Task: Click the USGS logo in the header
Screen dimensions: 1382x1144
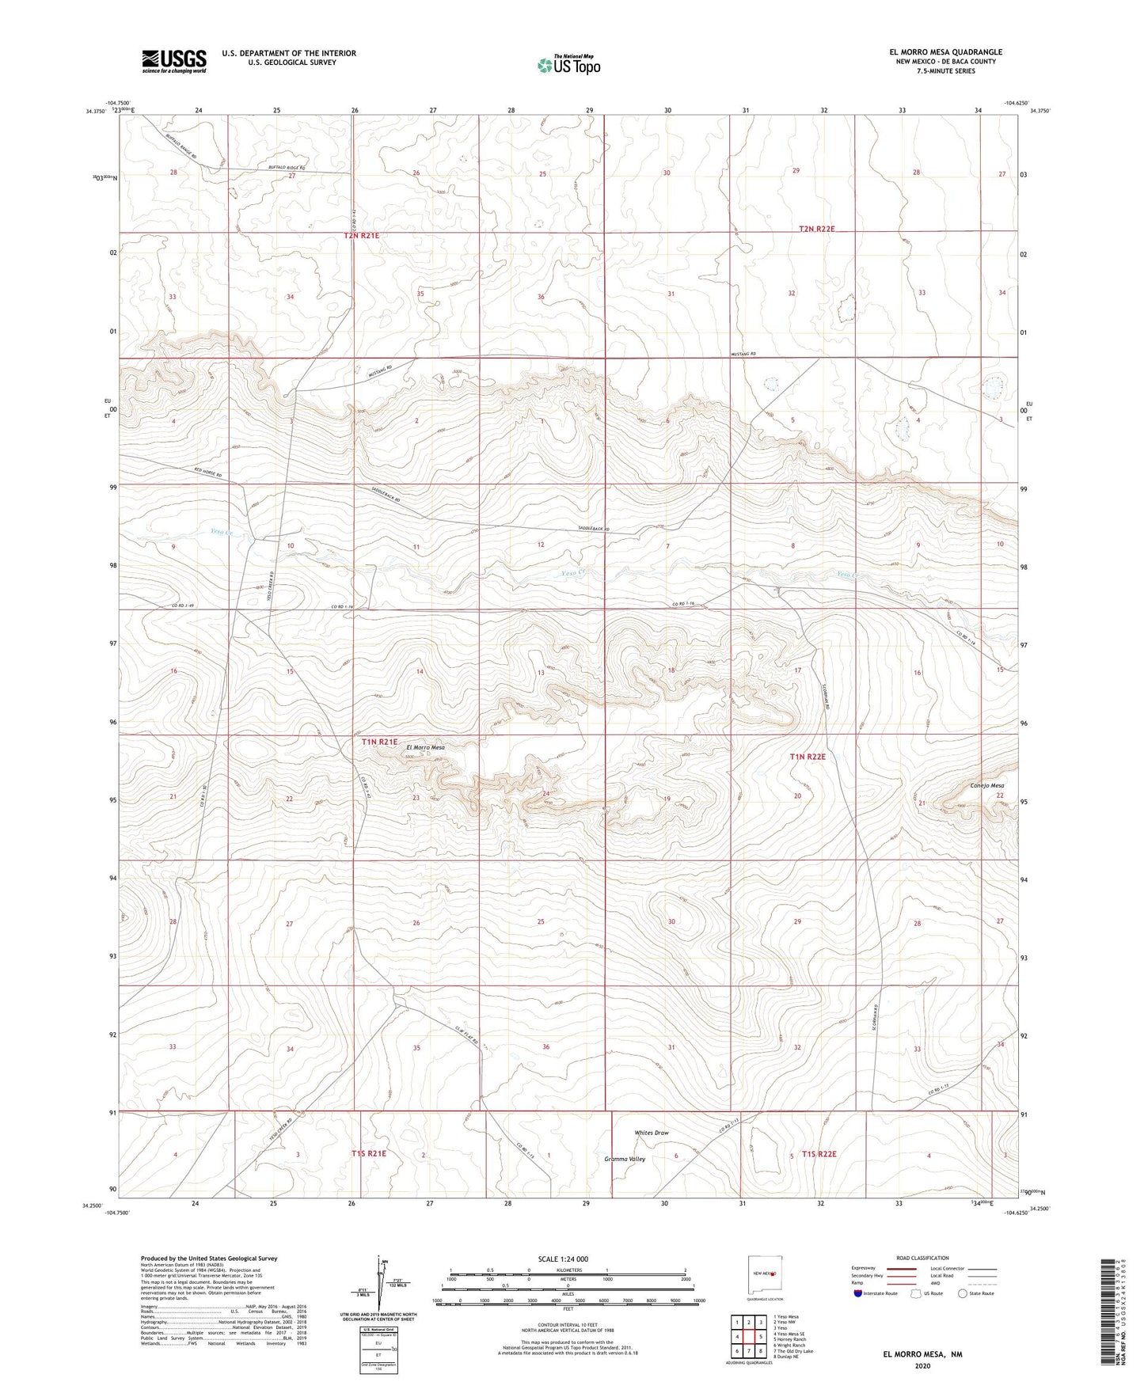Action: pyautogui.click(x=173, y=61)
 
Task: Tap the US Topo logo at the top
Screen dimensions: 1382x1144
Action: pyautogui.click(x=568, y=65)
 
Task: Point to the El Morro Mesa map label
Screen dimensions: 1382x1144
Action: pyautogui.click(x=425, y=747)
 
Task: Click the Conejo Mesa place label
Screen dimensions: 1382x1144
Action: pyautogui.click(x=986, y=786)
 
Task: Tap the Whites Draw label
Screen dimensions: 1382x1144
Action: pyautogui.click(x=651, y=1133)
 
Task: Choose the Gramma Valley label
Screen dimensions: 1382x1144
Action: pyautogui.click(x=625, y=1159)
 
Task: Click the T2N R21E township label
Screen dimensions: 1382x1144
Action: pyautogui.click(x=362, y=236)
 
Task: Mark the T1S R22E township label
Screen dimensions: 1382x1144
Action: pyautogui.click(x=819, y=1154)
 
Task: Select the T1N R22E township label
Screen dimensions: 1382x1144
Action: pyautogui.click(x=808, y=757)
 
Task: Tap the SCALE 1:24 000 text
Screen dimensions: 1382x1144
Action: pyautogui.click(x=563, y=1259)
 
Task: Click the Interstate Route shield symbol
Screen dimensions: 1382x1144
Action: pyautogui.click(x=857, y=1293)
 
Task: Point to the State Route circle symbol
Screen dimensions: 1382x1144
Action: pyautogui.click(x=963, y=1293)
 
